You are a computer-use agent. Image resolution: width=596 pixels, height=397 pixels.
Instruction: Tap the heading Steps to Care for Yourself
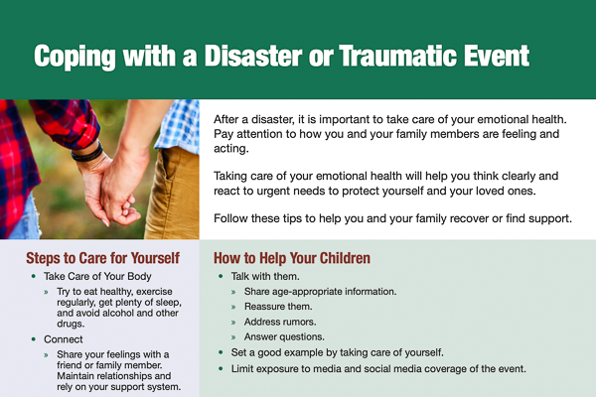pyautogui.click(x=102, y=259)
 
